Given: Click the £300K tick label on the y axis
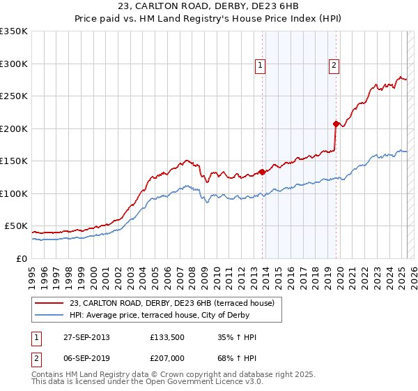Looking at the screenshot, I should (14, 64).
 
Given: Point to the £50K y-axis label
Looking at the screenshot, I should (16, 226).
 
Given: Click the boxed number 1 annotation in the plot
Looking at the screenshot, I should (260, 66).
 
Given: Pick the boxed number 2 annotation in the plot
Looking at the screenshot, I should (334, 66).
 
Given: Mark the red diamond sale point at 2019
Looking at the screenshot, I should (336, 124).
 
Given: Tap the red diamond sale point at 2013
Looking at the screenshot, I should (262, 172).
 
